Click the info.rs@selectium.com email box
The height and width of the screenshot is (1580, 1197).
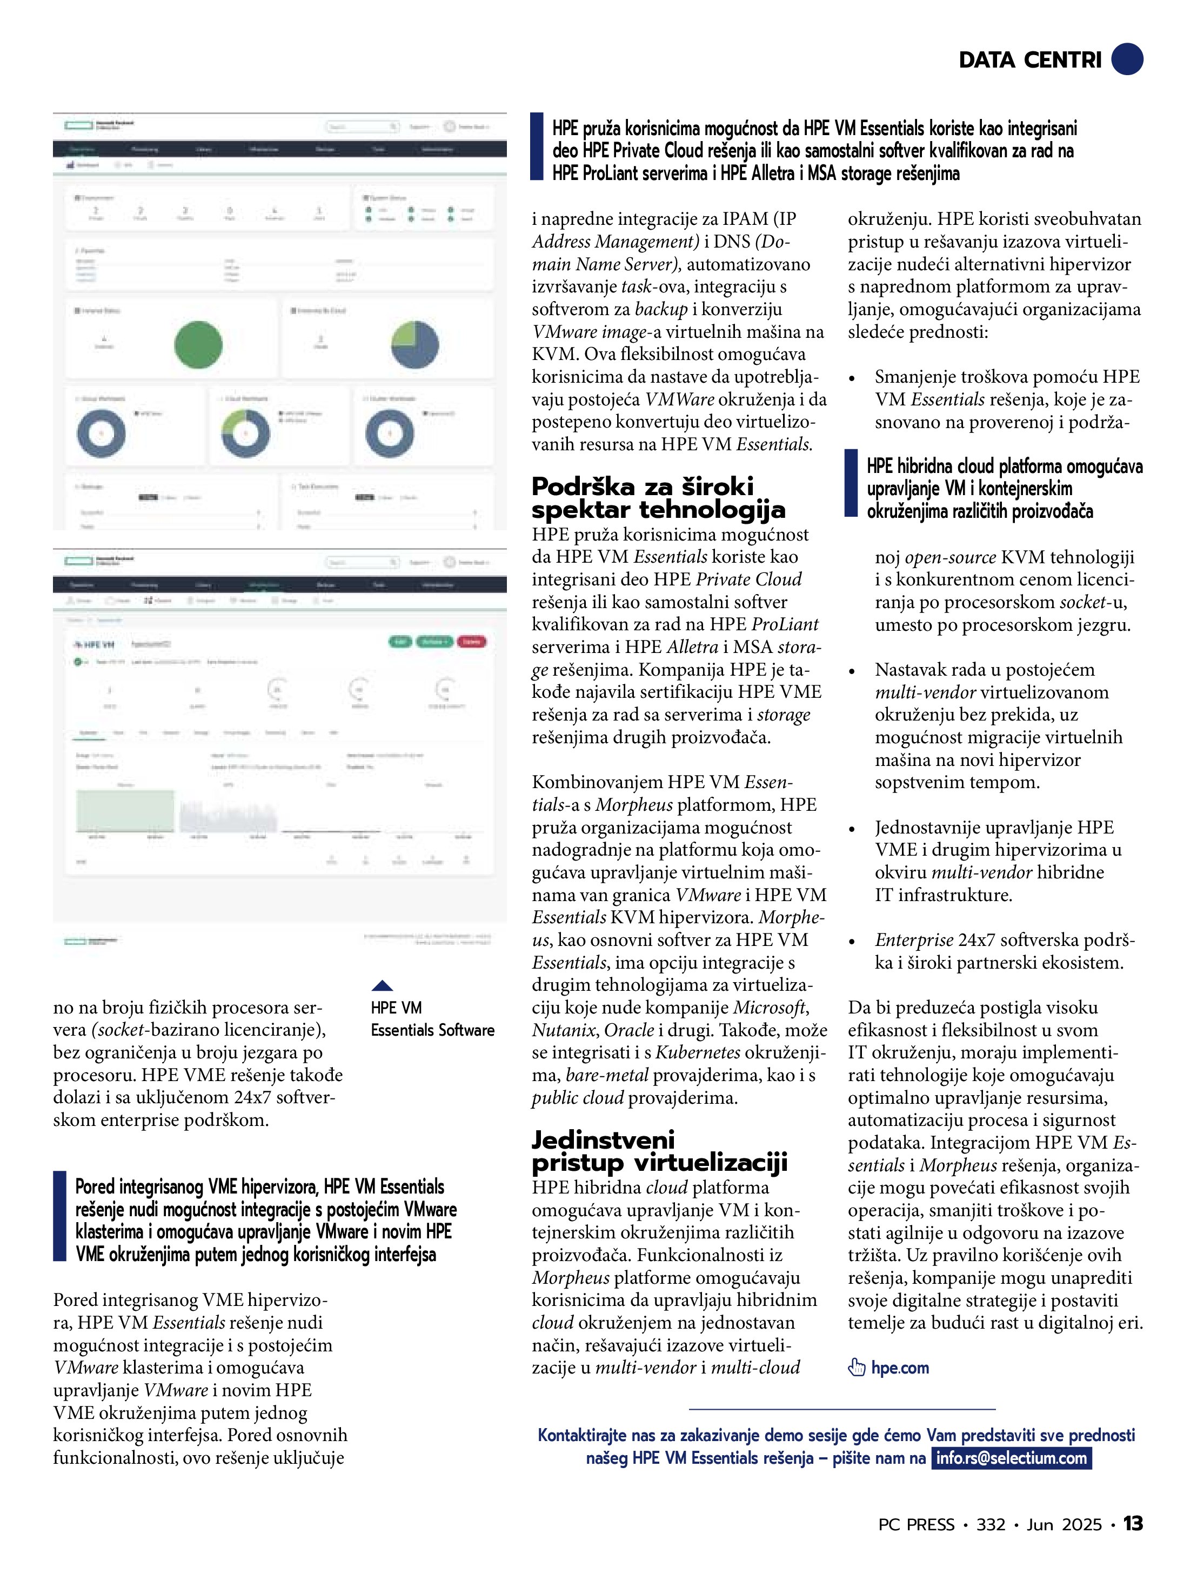tap(1011, 1458)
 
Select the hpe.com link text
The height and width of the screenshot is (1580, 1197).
tap(900, 1368)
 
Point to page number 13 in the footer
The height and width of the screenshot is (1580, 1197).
tap(1133, 1524)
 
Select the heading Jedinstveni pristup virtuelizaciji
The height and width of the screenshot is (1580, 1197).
tap(659, 1151)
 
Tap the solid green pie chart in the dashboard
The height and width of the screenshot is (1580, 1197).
tap(198, 344)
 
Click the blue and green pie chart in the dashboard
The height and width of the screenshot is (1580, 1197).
tap(415, 344)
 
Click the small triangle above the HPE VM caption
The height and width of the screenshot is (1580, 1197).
tap(382, 986)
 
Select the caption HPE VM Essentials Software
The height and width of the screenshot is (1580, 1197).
tap(432, 1018)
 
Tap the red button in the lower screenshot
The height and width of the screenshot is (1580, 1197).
tap(471, 642)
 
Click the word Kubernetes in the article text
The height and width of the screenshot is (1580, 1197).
tap(698, 1052)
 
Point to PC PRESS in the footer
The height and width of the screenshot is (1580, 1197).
tap(917, 1524)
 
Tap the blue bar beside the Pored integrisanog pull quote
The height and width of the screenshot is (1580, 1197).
tap(59, 1216)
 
